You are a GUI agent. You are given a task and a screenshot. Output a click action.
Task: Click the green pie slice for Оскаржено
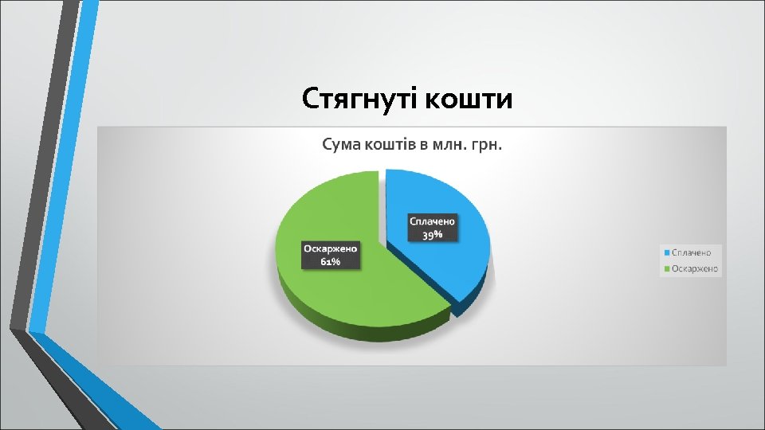[x=351, y=295]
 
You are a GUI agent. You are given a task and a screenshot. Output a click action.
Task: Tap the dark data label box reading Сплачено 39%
[x=432, y=227]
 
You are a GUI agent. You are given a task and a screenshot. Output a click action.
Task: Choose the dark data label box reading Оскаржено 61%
[x=331, y=255]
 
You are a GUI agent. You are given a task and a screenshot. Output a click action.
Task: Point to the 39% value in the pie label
[x=432, y=235]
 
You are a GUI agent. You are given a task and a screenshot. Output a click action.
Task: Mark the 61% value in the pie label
[x=331, y=262]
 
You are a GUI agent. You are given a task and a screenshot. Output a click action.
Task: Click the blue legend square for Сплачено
[x=666, y=252]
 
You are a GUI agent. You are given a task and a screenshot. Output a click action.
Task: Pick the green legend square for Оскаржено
[x=666, y=269]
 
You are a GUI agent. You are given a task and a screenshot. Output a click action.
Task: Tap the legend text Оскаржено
[x=696, y=269]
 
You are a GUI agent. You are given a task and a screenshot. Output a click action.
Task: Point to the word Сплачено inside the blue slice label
[x=432, y=221]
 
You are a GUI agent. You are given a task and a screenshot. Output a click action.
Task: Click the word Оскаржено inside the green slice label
[x=331, y=248]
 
